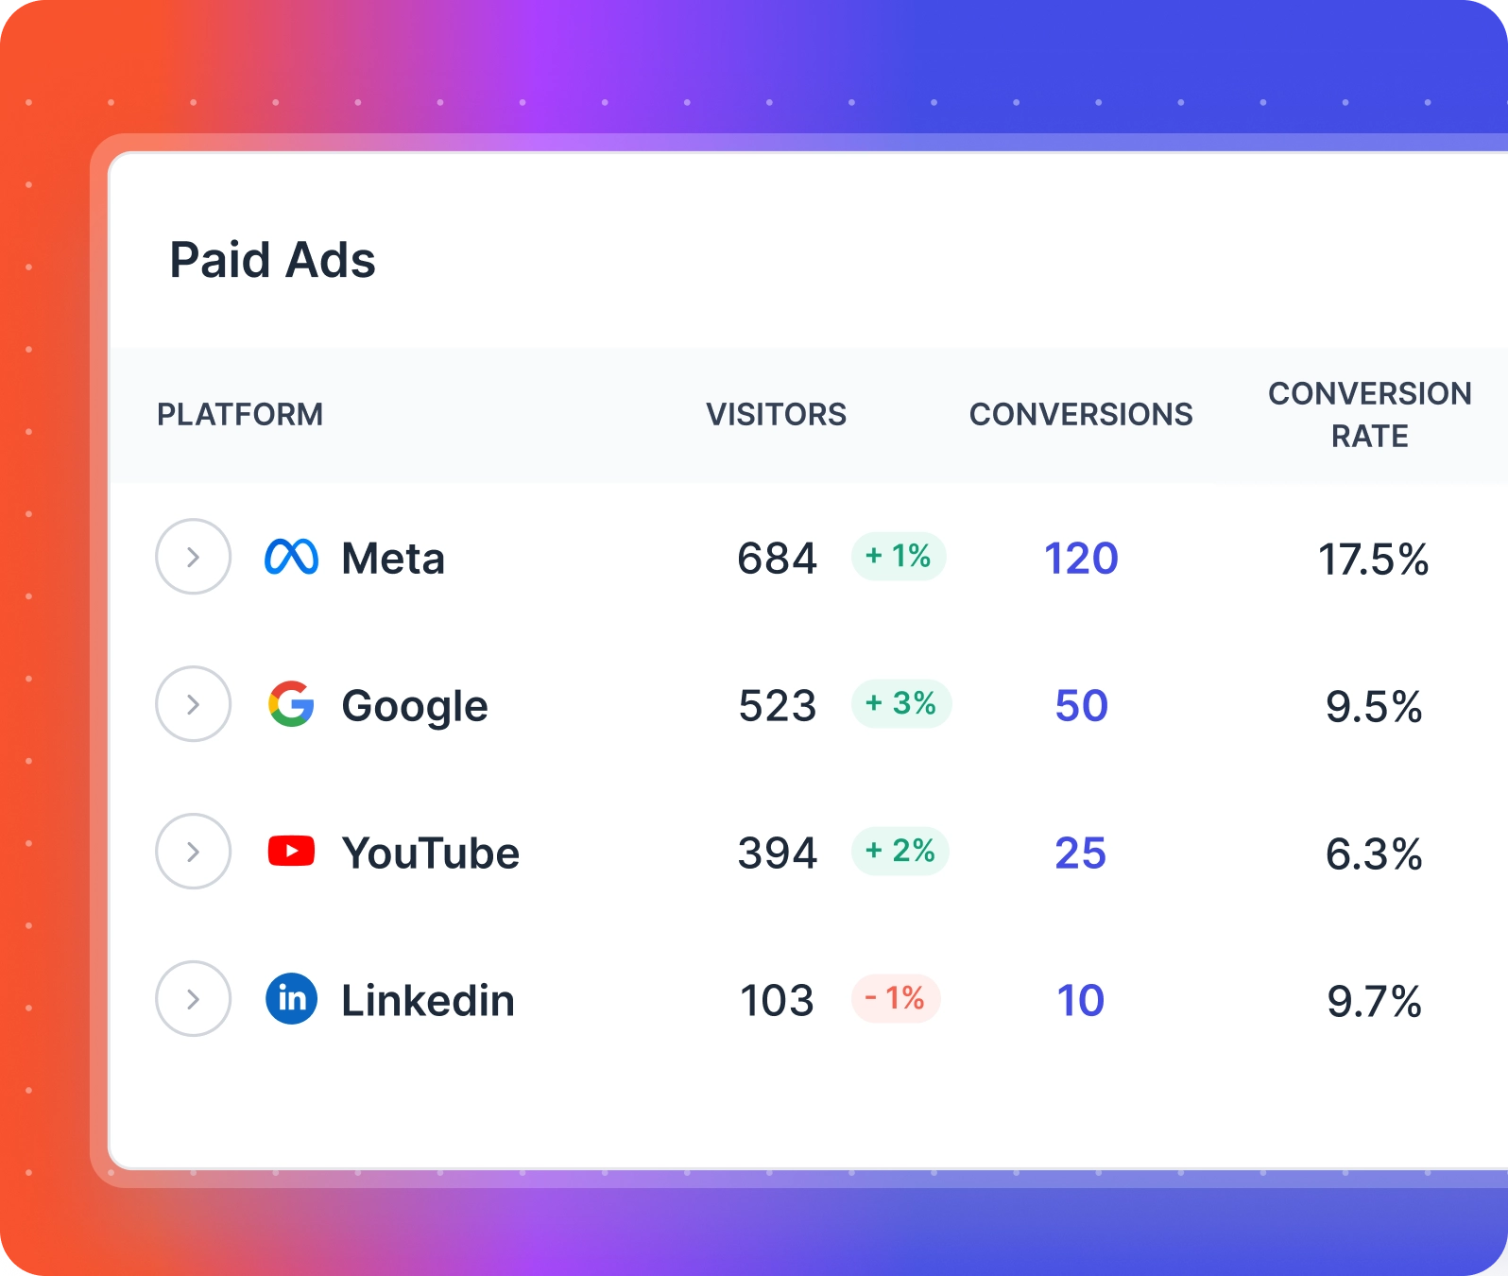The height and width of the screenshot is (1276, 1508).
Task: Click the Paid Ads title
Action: (272, 260)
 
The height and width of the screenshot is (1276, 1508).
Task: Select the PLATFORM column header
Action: (239, 414)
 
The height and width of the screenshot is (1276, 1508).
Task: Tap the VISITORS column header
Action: (776, 414)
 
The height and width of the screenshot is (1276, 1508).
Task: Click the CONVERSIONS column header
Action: (1080, 414)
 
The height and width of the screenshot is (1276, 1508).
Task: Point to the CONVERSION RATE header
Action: (1369, 414)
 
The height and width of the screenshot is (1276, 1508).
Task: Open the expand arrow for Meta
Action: (193, 557)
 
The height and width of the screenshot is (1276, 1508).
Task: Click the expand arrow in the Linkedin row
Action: (193, 999)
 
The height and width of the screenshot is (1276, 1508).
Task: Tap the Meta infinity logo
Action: (291, 557)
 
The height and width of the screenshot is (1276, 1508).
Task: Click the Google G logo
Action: (291, 704)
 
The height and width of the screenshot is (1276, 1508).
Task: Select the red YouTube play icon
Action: (291, 852)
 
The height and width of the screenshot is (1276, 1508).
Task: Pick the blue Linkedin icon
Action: (291, 999)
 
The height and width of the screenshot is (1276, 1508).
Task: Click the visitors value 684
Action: (777, 558)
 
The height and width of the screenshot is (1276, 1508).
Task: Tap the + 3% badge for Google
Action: (900, 703)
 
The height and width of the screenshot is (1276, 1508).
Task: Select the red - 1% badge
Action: (895, 998)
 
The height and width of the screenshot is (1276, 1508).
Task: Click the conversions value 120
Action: (1081, 558)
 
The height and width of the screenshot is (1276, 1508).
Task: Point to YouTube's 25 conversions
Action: (1080, 853)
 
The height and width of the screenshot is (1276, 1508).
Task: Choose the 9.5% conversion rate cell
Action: (1373, 706)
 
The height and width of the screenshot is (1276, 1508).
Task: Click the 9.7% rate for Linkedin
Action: (1373, 1001)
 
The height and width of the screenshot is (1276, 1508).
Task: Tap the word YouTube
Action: (430, 853)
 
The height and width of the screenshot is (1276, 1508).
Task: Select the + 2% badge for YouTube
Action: (900, 851)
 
